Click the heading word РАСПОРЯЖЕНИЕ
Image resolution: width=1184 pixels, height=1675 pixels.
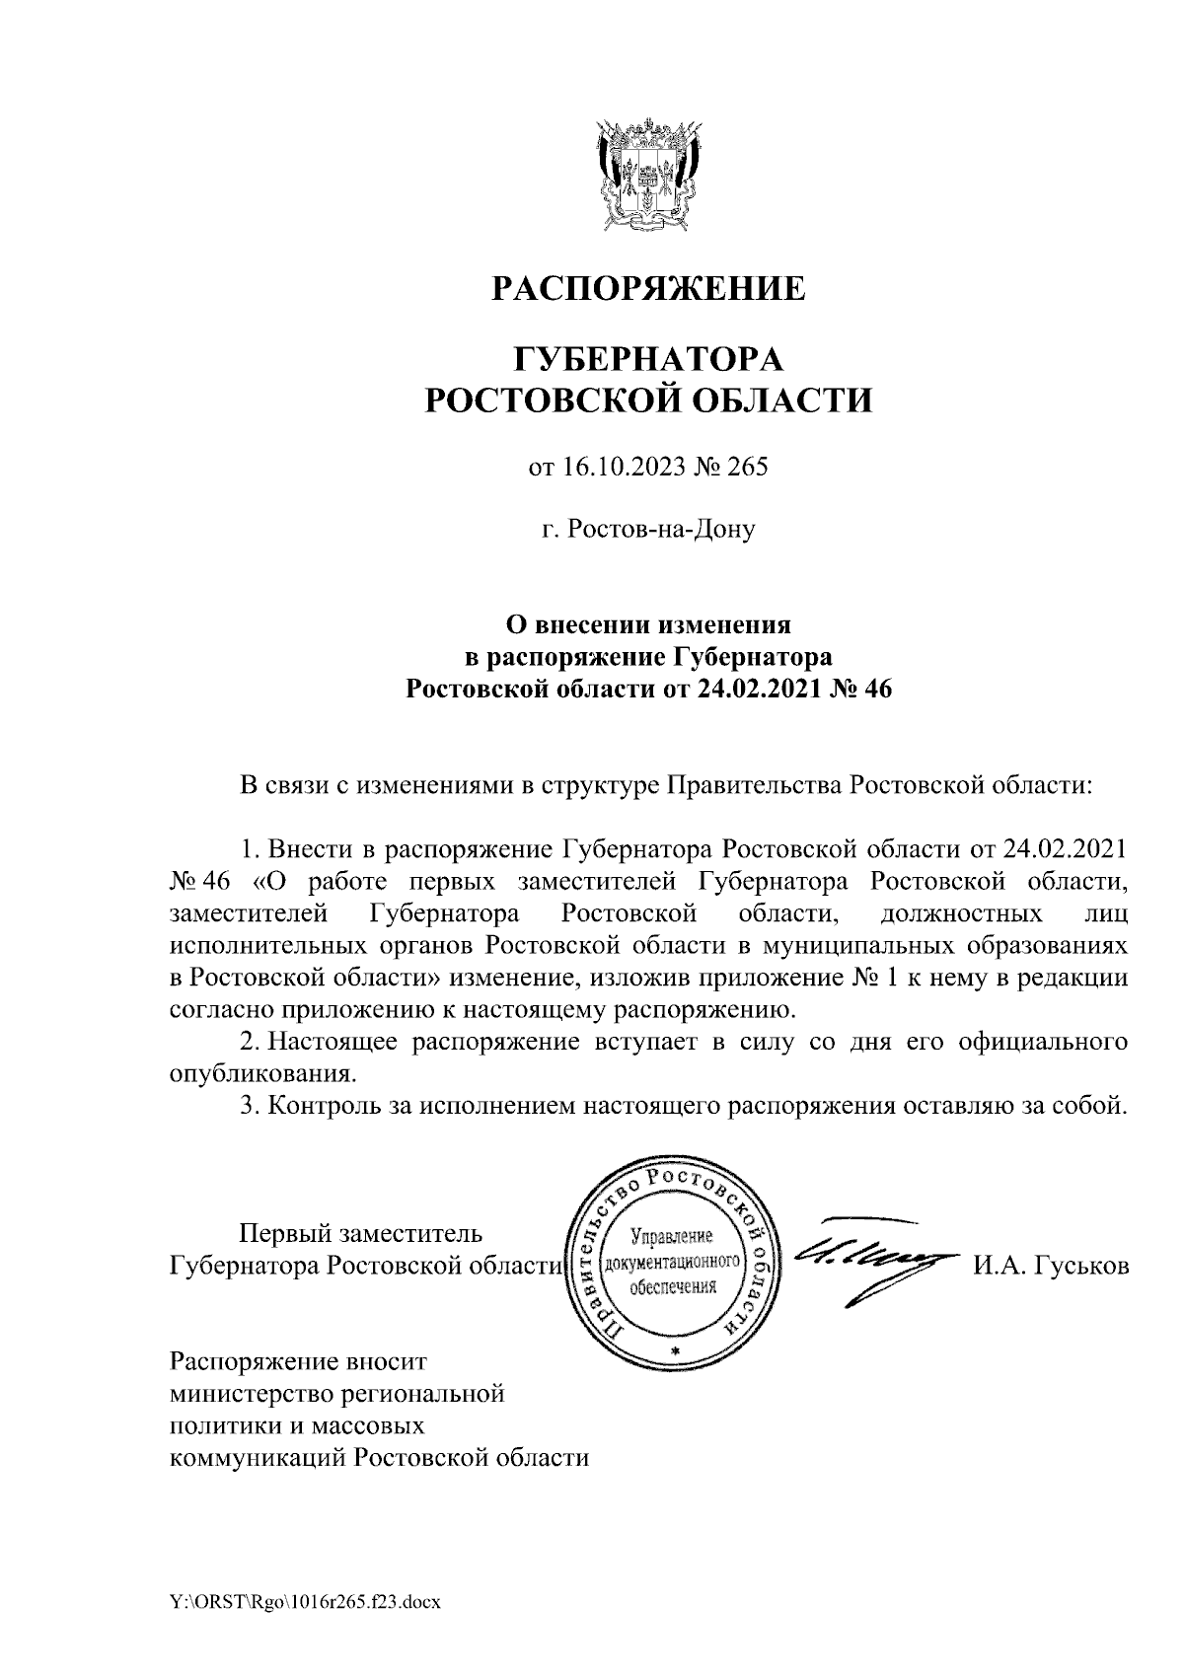pyautogui.click(x=648, y=288)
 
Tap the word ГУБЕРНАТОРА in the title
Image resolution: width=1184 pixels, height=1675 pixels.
pyautogui.click(x=648, y=356)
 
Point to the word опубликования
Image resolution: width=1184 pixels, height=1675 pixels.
pyautogui.click(x=261, y=1071)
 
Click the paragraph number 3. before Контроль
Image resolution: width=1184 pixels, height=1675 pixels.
pyautogui.click(x=252, y=1105)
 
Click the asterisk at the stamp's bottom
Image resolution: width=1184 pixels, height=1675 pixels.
pyautogui.click(x=675, y=1349)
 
